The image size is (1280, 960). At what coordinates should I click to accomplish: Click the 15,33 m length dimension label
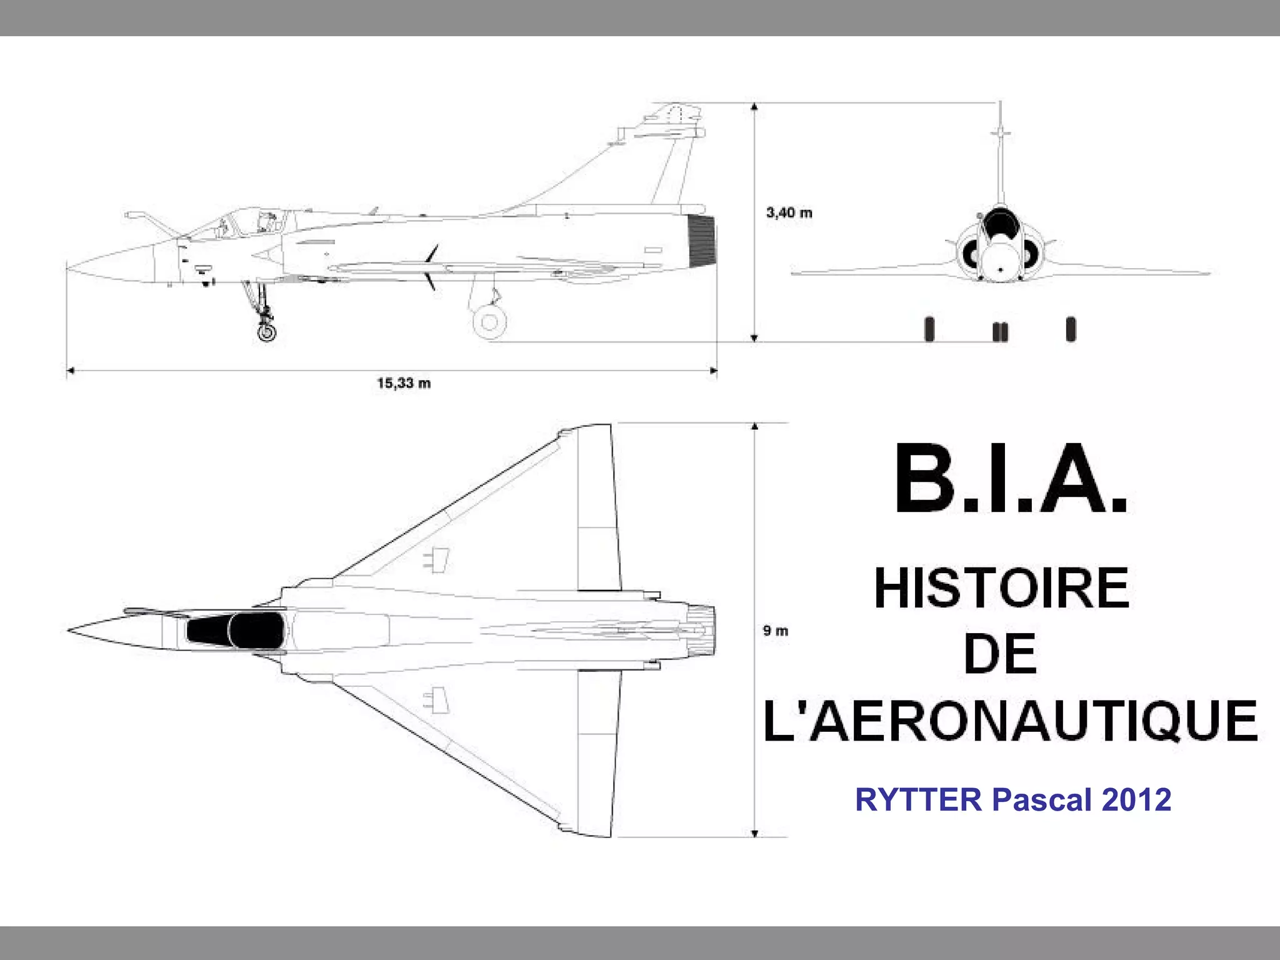point(404,383)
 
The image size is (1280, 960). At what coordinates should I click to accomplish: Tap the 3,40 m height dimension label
point(789,213)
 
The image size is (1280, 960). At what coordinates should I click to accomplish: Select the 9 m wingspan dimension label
point(776,631)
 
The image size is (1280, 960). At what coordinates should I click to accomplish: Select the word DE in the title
point(1001,654)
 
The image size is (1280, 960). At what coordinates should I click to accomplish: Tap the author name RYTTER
point(918,800)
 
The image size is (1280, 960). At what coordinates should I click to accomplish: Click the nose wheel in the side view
point(267,331)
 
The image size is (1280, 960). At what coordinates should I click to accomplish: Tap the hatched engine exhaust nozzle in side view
point(701,239)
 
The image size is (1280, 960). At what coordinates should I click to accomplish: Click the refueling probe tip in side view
point(128,215)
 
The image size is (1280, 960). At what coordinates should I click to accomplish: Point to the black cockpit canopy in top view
point(237,629)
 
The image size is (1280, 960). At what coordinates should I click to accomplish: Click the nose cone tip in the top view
point(69,629)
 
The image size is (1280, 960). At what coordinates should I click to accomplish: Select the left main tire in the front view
point(929,329)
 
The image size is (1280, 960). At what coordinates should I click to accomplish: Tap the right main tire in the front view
point(1071,329)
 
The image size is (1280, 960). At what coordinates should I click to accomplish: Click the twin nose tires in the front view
point(1000,332)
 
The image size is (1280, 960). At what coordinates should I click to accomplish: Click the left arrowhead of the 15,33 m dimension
point(70,371)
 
